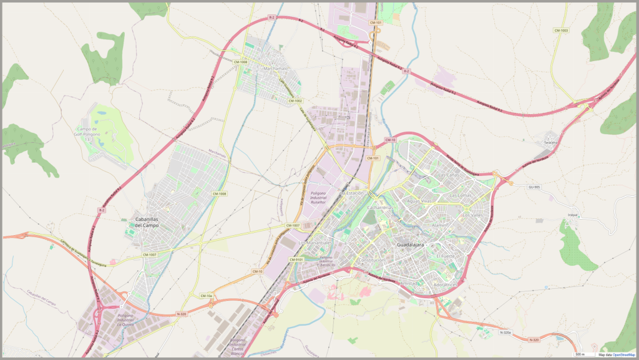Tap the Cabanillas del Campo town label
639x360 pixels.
[147, 222]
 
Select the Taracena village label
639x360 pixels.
[550, 142]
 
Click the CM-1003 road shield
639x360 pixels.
[561, 30]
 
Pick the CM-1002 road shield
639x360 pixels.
[295, 100]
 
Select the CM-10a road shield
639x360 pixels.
[207, 296]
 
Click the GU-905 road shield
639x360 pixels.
[534, 187]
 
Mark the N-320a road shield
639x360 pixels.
[505, 333]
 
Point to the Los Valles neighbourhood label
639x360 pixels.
[472, 215]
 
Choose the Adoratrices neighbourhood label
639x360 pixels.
[445, 285]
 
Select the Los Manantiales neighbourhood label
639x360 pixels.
[313, 242]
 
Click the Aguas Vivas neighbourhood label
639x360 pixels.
[419, 202]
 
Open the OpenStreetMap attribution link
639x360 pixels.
[624, 354]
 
